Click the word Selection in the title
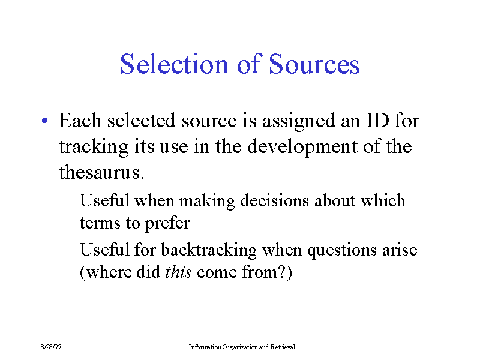coord(174,64)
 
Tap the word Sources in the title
coord(314,64)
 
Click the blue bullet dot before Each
coord(45,121)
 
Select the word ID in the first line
coord(378,121)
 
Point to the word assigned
coord(299,121)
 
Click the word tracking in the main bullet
coord(94,147)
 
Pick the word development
coord(302,147)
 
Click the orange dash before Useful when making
coord(70,202)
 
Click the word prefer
coord(167,223)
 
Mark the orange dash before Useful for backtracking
coord(70,251)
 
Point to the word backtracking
coord(209,250)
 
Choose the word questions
coord(342,251)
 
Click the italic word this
coord(178,272)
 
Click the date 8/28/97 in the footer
coord(51,347)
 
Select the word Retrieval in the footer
coord(283,347)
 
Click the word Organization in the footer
coord(240,347)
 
